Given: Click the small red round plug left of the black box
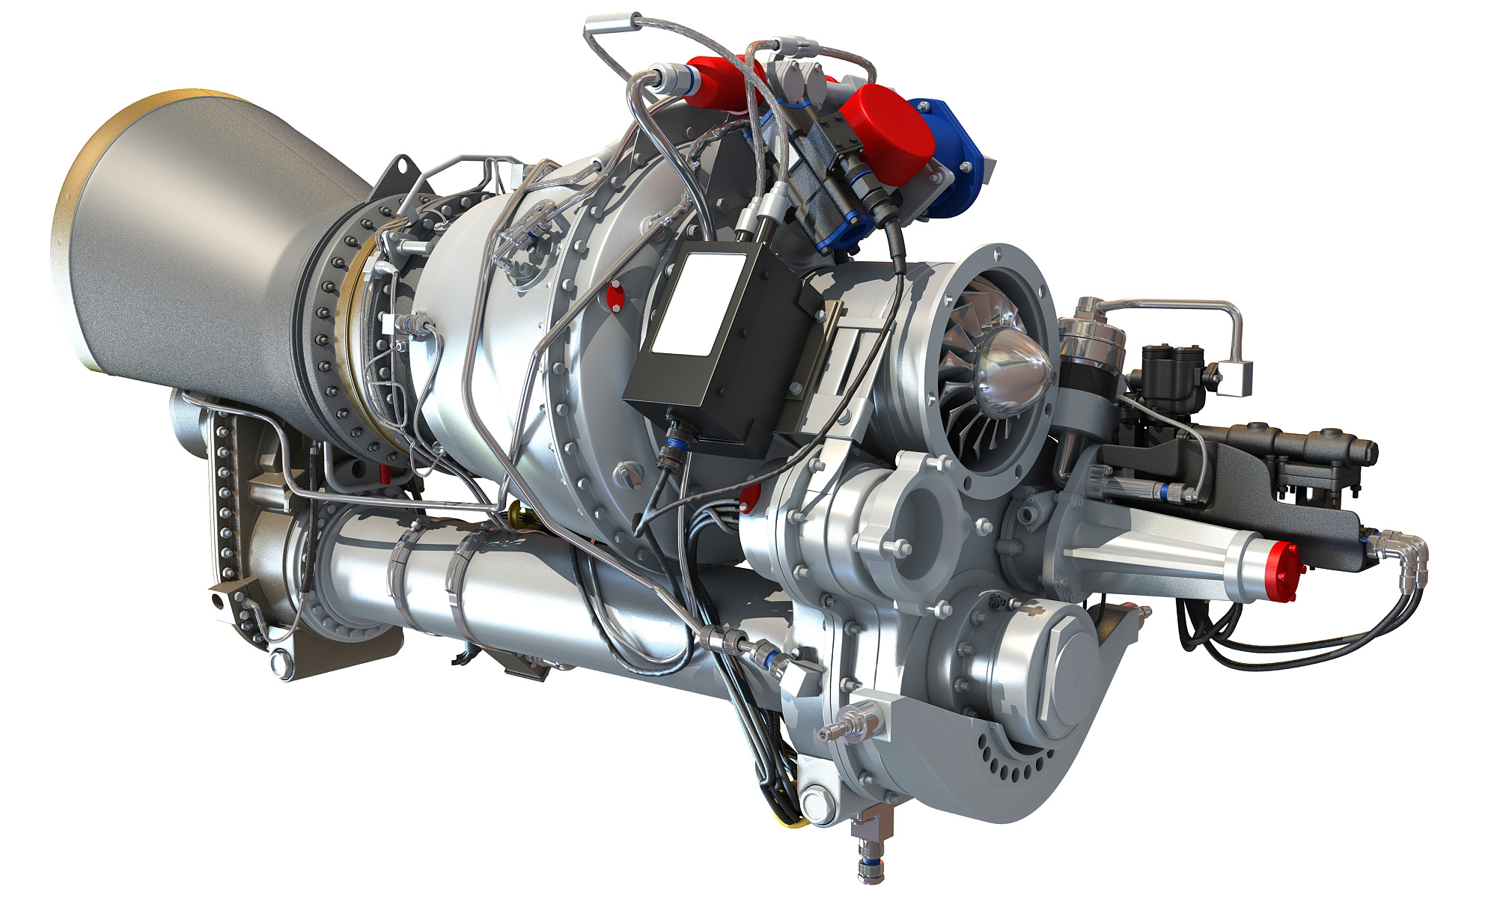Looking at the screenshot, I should click(616, 296).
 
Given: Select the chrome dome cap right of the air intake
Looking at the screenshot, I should click(1094, 329).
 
